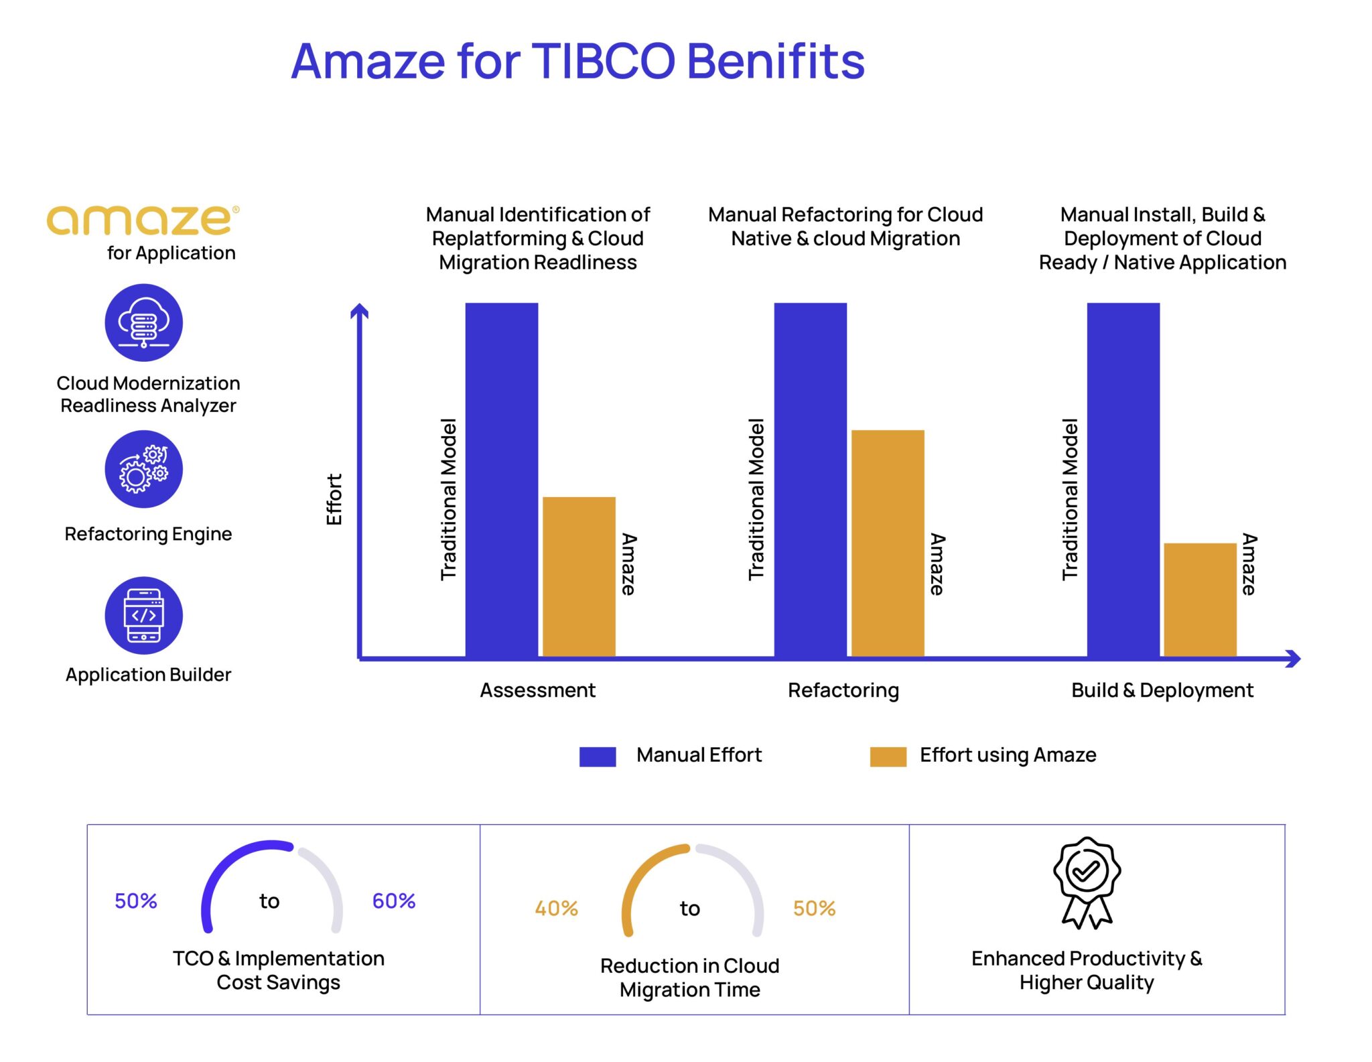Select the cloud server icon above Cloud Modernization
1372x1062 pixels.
(143, 323)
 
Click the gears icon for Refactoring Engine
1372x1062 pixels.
(143, 469)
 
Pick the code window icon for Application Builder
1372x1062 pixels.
(143, 615)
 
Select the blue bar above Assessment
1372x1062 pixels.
(501, 479)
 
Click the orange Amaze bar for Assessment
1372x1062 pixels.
(579, 576)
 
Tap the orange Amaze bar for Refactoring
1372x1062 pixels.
(887, 543)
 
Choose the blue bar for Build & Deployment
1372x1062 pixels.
(1123, 479)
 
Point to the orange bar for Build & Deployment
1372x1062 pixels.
(1199, 600)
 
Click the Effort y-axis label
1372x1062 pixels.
(334, 499)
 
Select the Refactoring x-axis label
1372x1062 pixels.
(843, 690)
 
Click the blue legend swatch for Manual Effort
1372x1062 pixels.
(597, 756)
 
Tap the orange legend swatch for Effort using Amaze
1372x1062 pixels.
(887, 756)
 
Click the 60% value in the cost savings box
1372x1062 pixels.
(393, 901)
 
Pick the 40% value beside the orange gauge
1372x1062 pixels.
(555, 909)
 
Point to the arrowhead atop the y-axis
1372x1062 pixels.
(360, 310)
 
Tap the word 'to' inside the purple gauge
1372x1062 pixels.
(269, 901)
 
